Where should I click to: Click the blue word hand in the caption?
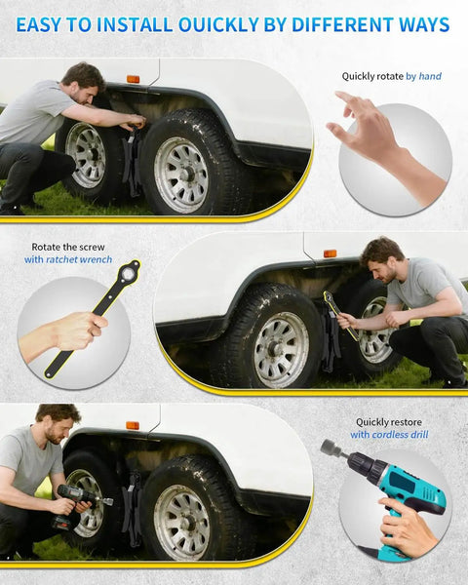[x=430, y=76]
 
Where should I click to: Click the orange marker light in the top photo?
[x=134, y=79]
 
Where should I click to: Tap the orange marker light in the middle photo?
[x=330, y=253]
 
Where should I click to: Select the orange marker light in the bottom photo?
[x=133, y=425]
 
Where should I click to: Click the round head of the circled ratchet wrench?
[x=129, y=272]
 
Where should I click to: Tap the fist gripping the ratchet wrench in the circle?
[x=81, y=331]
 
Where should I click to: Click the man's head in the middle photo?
[x=382, y=258]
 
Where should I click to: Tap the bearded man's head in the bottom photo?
[x=58, y=422]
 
